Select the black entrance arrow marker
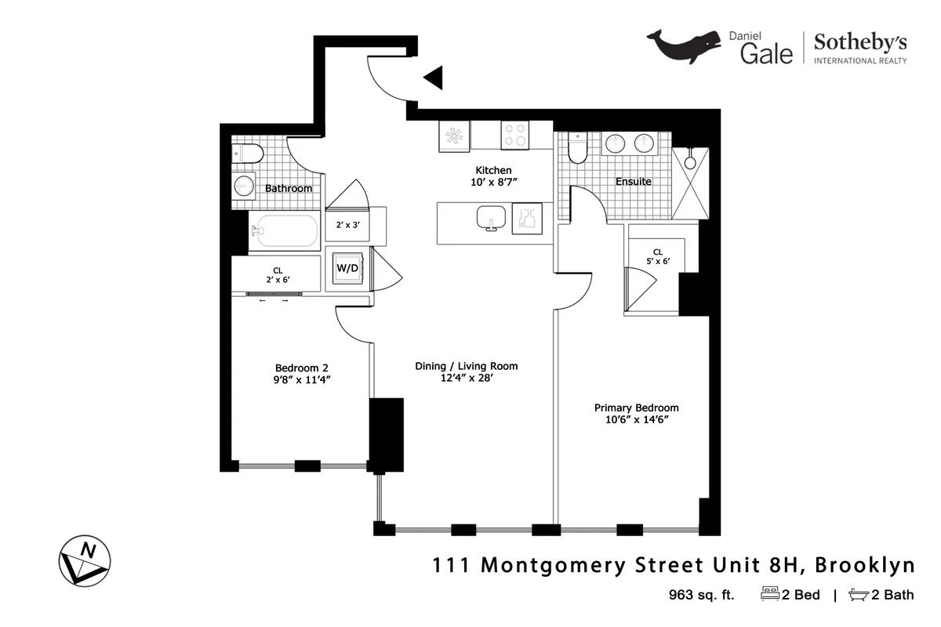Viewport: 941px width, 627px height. [433, 78]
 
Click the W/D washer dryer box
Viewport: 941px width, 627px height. [347, 269]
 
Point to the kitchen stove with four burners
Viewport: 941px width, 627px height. [515, 136]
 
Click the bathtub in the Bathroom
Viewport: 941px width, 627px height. [284, 231]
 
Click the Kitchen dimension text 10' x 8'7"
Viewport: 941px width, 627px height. [493, 183]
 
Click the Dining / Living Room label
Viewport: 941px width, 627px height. [466, 366]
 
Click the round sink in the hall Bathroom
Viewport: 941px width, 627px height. [244, 186]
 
